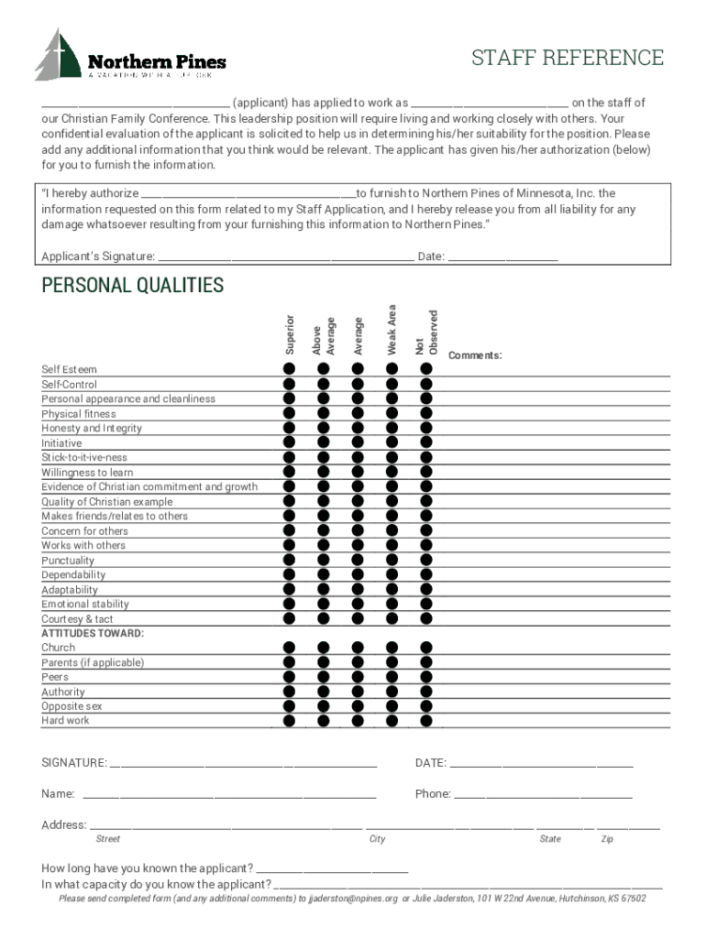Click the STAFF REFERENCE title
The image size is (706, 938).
click(x=567, y=58)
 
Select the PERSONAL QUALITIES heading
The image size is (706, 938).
click(x=132, y=286)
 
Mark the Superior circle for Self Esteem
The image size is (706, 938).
click(x=289, y=368)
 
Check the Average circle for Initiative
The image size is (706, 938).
click(x=357, y=442)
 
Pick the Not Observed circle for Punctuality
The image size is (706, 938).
click(x=425, y=560)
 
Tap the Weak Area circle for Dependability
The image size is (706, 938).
click(x=392, y=574)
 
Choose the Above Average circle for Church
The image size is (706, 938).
click(x=323, y=648)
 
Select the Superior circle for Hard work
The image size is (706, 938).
click(x=289, y=721)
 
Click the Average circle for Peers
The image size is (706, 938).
click(x=357, y=677)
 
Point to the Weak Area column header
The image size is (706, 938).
click(x=392, y=330)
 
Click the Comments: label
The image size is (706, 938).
click(x=475, y=355)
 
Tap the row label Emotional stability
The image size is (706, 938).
click(x=85, y=605)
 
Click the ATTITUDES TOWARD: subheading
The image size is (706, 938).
click(x=93, y=633)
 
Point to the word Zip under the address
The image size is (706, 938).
click(x=607, y=839)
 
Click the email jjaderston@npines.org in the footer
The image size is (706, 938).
click(x=353, y=899)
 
